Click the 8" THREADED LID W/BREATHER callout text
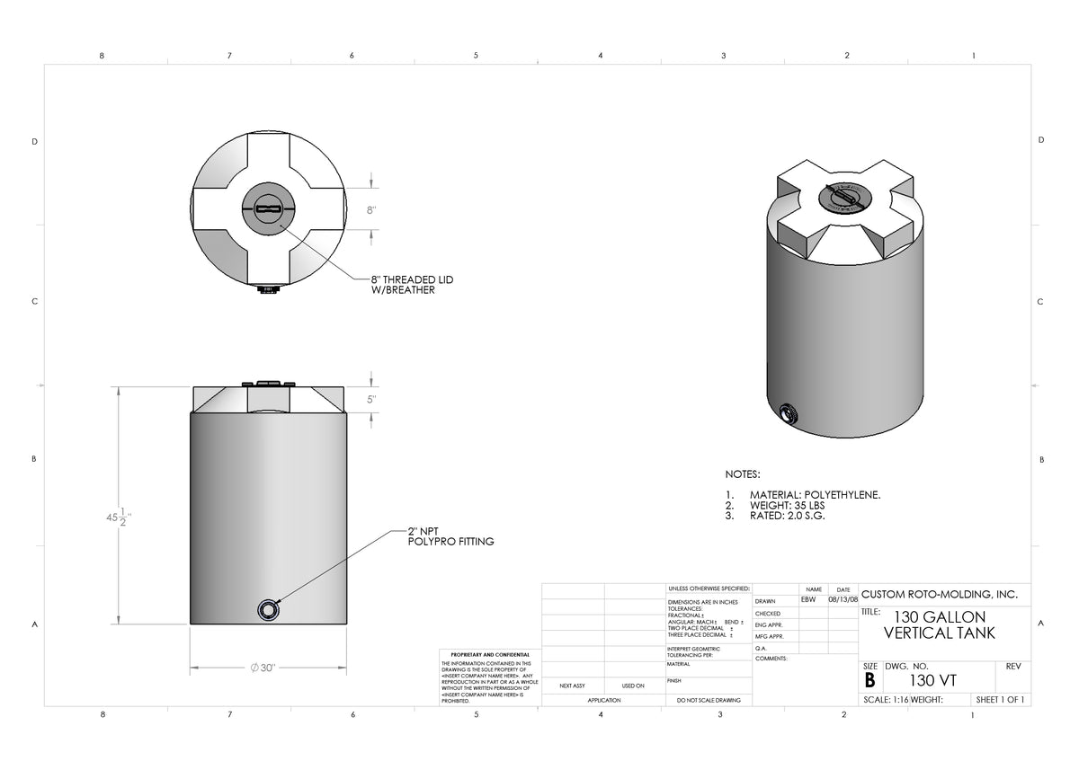(412, 285)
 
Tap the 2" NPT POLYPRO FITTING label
(450, 535)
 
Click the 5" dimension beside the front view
(371, 400)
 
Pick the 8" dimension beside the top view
(370, 209)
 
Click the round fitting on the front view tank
(269, 608)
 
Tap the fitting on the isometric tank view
(789, 414)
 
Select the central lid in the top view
(268, 208)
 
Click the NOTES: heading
(743, 474)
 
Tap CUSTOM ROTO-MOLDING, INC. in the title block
(939, 595)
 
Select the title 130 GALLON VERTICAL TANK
(940, 624)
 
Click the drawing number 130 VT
(932, 680)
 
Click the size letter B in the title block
(869, 680)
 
